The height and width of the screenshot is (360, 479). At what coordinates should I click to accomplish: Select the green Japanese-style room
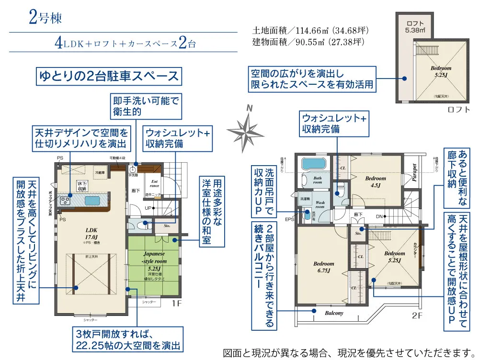[154, 263]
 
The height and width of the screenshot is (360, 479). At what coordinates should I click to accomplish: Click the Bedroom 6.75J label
[324, 267]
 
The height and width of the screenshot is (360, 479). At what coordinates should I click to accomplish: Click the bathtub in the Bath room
[314, 165]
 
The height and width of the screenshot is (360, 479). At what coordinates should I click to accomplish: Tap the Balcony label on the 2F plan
[334, 313]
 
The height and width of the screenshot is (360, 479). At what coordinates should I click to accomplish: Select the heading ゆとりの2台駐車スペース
[109, 76]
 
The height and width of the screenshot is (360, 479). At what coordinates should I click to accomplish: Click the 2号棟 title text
[46, 18]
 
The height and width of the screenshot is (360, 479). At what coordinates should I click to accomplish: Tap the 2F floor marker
[417, 316]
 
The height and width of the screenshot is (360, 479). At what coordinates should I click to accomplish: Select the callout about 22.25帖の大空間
[128, 339]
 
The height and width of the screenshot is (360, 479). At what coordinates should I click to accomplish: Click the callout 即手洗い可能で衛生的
[146, 106]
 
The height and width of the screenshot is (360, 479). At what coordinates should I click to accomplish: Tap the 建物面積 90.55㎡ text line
[308, 42]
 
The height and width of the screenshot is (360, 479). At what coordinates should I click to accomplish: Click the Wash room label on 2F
[319, 205]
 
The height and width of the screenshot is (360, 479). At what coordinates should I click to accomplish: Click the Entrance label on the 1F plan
[155, 183]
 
